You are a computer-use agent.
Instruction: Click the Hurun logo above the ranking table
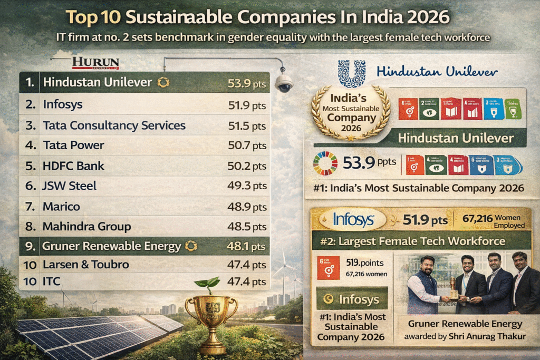coord(95,63)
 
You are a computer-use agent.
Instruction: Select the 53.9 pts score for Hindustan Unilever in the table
coord(243,83)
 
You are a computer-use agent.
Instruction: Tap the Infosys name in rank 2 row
coord(63,104)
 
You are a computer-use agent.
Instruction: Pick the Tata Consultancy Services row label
coord(114,125)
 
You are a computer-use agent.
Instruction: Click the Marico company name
coord(62,206)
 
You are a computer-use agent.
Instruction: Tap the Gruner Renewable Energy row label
coord(111,246)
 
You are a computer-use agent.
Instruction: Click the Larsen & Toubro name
coord(86,264)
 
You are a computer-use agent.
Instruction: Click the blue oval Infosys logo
coord(354,219)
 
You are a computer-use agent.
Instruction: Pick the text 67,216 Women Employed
coord(491,221)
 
